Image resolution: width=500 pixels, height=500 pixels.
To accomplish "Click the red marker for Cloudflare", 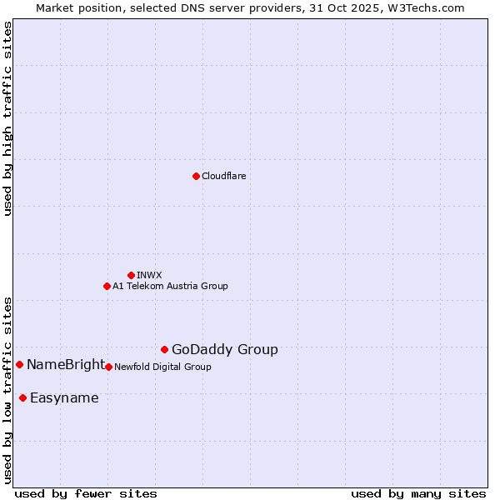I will [x=196, y=176].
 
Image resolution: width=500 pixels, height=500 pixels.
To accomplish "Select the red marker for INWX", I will [x=131, y=275].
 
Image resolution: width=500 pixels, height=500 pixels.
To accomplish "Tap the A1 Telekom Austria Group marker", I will [x=107, y=286].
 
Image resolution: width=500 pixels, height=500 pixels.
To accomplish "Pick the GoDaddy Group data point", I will [x=164, y=349].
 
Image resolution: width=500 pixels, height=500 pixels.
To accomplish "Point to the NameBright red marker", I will [x=19, y=364].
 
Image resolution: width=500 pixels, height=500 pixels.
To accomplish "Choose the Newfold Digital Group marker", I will [x=108, y=367].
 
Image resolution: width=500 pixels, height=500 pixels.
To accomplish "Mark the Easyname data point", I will [x=22, y=397].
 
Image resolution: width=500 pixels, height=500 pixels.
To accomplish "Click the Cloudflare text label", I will [x=224, y=176].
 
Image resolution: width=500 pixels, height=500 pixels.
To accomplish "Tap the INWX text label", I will [x=150, y=275].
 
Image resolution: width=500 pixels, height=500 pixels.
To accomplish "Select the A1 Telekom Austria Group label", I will [x=170, y=286].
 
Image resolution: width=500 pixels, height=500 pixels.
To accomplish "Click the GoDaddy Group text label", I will [x=225, y=349].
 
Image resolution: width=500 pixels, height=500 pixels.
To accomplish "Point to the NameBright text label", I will [x=66, y=364].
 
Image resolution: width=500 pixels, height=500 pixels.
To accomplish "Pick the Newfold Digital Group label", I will [x=162, y=367].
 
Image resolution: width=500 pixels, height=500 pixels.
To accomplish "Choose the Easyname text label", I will [x=64, y=397].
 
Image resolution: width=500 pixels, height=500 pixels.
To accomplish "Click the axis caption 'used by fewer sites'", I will [x=86, y=493].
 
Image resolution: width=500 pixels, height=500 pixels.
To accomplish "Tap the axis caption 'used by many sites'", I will [x=418, y=493].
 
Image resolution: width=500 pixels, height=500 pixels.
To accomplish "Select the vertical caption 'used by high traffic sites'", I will [x=7, y=118].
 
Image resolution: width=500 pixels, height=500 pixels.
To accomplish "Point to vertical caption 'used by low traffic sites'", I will [x=7, y=389].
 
